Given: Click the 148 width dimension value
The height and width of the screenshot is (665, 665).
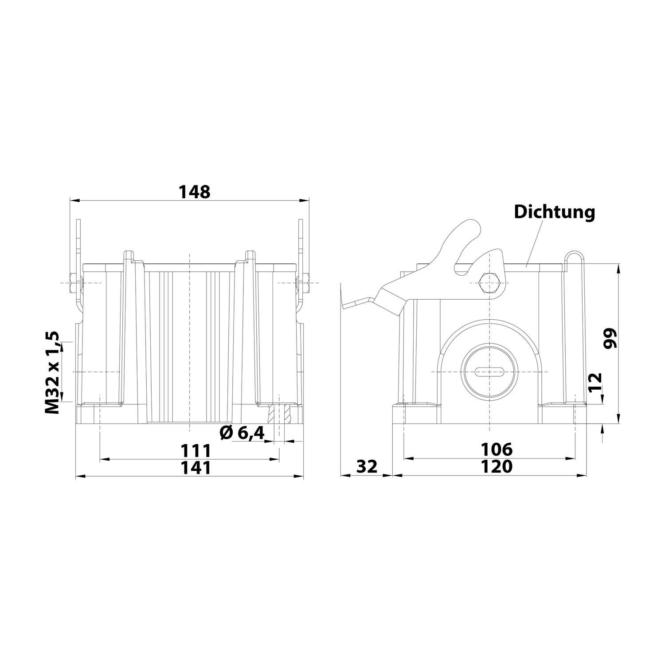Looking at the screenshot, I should [194, 192].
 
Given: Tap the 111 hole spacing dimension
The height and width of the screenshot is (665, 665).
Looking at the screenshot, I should [195, 451].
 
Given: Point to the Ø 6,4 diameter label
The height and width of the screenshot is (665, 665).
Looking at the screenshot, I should [243, 432].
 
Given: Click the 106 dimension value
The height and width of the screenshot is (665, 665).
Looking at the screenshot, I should [497, 450].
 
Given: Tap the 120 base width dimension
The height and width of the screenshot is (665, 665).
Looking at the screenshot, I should [497, 466].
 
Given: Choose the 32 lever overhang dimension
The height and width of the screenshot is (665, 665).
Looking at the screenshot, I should [366, 466].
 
